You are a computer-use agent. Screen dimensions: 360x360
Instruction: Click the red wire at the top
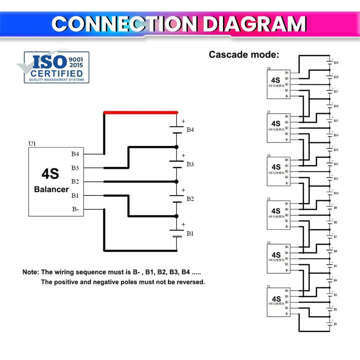[x=141, y=112]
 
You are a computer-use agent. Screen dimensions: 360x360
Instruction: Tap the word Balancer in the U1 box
[x=51, y=189]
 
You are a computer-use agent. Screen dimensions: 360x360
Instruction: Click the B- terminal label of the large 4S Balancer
[x=75, y=209]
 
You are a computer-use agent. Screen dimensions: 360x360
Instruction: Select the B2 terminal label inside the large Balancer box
[x=75, y=182]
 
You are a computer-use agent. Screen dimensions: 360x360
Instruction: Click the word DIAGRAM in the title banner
[x=254, y=24]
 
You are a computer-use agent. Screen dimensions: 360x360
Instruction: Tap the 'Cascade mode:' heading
[x=244, y=54]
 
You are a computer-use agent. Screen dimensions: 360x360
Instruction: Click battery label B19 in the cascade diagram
[x=336, y=63]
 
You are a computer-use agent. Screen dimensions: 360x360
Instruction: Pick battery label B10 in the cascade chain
[x=336, y=193]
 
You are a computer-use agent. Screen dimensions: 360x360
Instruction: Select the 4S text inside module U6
[x=276, y=80]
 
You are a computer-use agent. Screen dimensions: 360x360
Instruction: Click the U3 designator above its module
[x=269, y=199]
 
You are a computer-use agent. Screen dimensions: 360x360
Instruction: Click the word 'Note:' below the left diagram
[x=31, y=272]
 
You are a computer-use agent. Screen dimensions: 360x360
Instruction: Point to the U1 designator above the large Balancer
[x=32, y=144]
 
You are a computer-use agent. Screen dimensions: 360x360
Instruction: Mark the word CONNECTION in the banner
[x=125, y=24]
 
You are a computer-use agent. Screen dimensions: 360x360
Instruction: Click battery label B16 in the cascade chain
[x=336, y=106]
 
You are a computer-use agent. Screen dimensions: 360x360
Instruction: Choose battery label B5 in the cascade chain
[x=336, y=266]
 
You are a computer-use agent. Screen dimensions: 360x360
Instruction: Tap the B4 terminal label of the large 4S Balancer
[x=75, y=154]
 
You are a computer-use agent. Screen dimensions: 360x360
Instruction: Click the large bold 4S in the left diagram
[x=50, y=174]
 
